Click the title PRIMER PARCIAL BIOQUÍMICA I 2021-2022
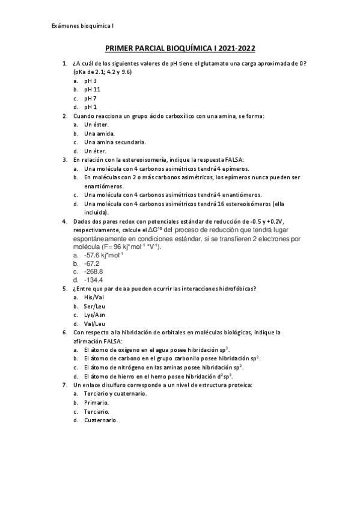pyautogui.click(x=180, y=52)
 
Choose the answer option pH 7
pyautogui.click(x=91, y=98)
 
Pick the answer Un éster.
pyautogui.click(x=96, y=124)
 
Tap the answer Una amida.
pyautogui.click(x=99, y=134)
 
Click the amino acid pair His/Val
pyautogui.click(x=94, y=297)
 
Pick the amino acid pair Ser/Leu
pyautogui.click(x=95, y=306)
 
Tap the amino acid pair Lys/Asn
pyautogui.click(x=95, y=315)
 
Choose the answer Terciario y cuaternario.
pyautogui.click(x=115, y=393)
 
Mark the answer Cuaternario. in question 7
pyautogui.click(x=101, y=420)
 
